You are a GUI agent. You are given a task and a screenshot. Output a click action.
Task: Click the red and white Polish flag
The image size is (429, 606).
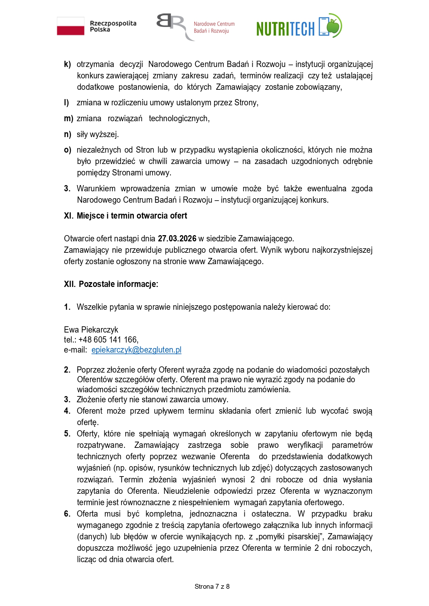tap(71, 26)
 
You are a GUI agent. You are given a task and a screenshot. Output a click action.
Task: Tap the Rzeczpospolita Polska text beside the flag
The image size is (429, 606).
tap(113, 26)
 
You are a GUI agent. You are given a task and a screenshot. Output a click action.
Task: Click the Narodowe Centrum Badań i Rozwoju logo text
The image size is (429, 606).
tap(214, 27)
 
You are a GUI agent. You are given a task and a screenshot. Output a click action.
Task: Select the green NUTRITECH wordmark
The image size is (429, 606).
tap(285, 29)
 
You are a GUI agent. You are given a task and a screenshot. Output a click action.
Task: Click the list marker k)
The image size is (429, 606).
tap(67, 64)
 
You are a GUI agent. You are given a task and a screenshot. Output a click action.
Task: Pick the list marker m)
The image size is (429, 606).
tap(68, 118)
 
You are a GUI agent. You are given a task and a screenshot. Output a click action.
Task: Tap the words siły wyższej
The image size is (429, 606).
tap(97, 134)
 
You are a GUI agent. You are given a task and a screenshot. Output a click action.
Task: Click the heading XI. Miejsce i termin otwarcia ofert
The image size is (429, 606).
tap(125, 216)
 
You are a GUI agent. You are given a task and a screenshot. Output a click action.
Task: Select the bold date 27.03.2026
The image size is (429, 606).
tap(177, 239)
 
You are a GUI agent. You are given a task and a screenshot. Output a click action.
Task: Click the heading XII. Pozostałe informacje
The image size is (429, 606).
tap(111, 284)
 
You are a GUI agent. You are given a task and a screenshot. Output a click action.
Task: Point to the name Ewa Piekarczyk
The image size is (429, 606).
tap(91, 330)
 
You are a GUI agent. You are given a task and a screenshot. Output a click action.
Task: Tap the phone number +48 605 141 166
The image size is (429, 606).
tap(108, 340)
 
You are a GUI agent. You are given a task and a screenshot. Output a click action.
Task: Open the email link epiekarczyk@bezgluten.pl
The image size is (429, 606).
tap(136, 350)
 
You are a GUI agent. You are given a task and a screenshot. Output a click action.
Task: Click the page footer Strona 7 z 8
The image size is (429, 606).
tap(212, 586)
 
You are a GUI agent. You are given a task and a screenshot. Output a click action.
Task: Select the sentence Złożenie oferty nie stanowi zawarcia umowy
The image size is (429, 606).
tap(152, 400)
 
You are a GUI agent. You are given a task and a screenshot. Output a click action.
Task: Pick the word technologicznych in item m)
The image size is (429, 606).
tap(179, 118)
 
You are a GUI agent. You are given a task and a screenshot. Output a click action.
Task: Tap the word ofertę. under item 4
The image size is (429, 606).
tap(88, 422)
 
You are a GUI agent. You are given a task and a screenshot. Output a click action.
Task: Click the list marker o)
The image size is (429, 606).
tap(68, 150)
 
